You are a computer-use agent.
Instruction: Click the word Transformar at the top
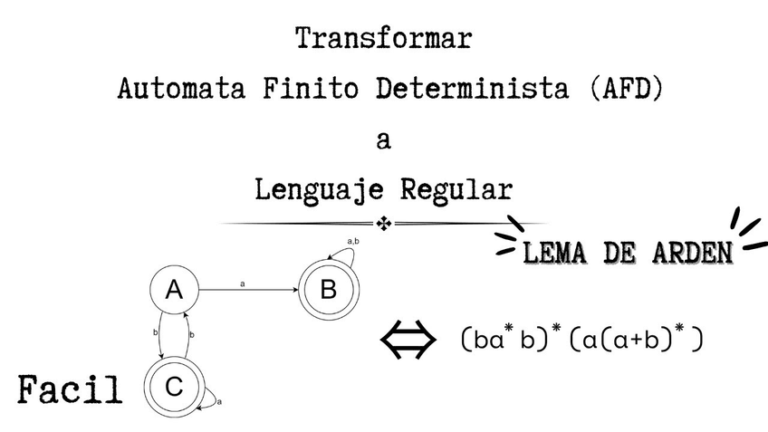coord(383,40)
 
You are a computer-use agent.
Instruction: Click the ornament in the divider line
coord(384,223)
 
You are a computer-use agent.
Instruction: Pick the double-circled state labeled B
coord(329,291)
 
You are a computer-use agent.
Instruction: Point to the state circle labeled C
coord(173,386)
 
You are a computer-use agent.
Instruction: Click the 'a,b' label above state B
coord(354,241)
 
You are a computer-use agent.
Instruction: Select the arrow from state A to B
coord(249,290)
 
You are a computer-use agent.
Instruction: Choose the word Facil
coord(71,390)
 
